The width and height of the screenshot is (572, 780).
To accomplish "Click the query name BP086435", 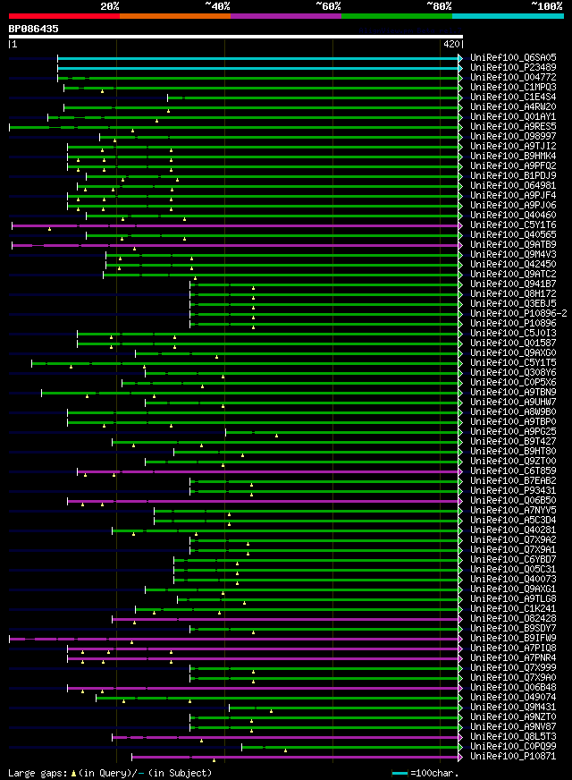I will pyautogui.click(x=34, y=29).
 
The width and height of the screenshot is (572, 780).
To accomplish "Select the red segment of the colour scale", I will pyautogui.click(x=63, y=15).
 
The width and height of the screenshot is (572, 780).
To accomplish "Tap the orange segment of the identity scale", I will pyautogui.click(x=174, y=15).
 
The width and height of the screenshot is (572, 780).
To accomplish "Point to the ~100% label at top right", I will pyautogui.click(x=546, y=5).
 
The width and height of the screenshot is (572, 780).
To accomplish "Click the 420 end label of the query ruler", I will pyautogui.click(x=450, y=43).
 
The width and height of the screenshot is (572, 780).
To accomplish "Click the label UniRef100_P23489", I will pyautogui.click(x=512, y=67).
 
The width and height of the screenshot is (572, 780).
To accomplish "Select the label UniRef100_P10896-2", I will pyautogui.click(x=518, y=313).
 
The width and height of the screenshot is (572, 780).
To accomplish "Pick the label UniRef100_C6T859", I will pyautogui.click(x=512, y=471).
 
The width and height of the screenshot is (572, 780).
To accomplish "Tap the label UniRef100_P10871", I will pyautogui.click(x=512, y=756).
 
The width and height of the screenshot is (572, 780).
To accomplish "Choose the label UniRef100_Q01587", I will pyautogui.click(x=512, y=343).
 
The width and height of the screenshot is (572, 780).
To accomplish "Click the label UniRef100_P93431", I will pyautogui.click(x=512, y=490).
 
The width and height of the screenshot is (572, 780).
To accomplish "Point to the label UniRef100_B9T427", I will pyautogui.click(x=512, y=441).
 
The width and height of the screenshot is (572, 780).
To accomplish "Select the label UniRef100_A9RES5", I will pyautogui.click(x=512, y=126).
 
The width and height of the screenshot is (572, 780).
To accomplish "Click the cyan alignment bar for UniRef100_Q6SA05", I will pyautogui.click(x=259, y=57).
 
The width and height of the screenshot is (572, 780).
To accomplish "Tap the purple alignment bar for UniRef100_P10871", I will pyautogui.click(x=295, y=756).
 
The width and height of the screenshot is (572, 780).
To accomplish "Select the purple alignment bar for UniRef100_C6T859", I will pyautogui.click(x=268, y=471).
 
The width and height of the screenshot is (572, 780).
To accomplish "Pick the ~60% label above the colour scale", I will pyautogui.click(x=328, y=5).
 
